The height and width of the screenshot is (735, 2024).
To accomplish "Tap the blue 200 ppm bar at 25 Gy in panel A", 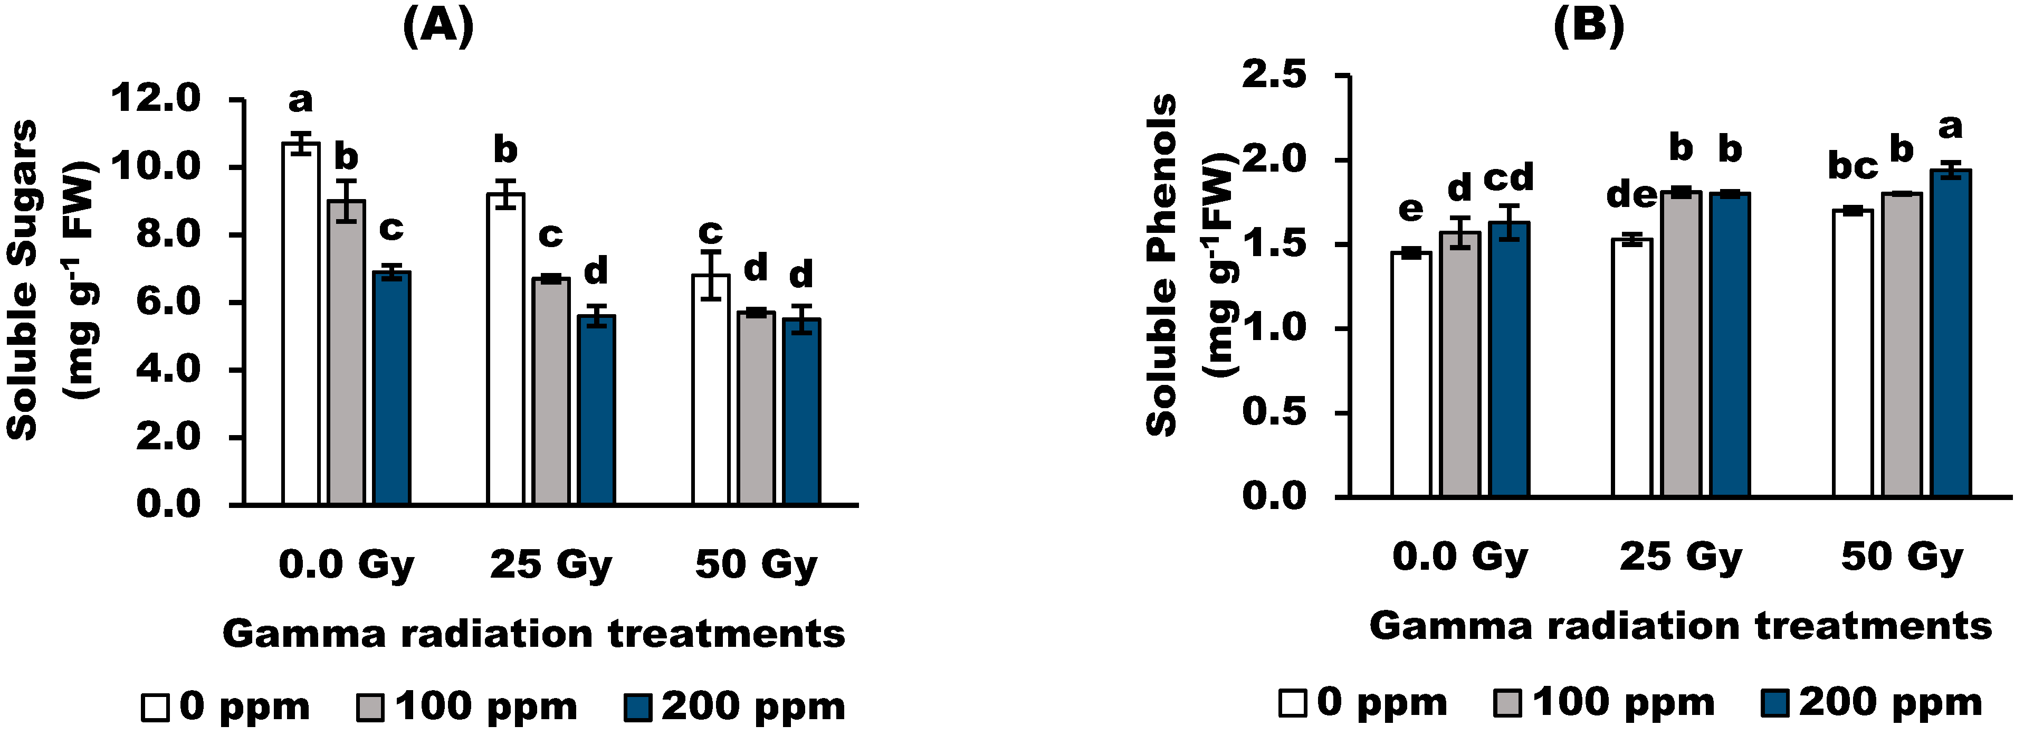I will [596, 409].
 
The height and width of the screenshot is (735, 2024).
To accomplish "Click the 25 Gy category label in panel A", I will [551, 565].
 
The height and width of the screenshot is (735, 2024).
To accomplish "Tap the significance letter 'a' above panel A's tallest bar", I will [300, 101].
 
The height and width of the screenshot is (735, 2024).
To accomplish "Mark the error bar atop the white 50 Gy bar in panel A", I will [711, 275].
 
